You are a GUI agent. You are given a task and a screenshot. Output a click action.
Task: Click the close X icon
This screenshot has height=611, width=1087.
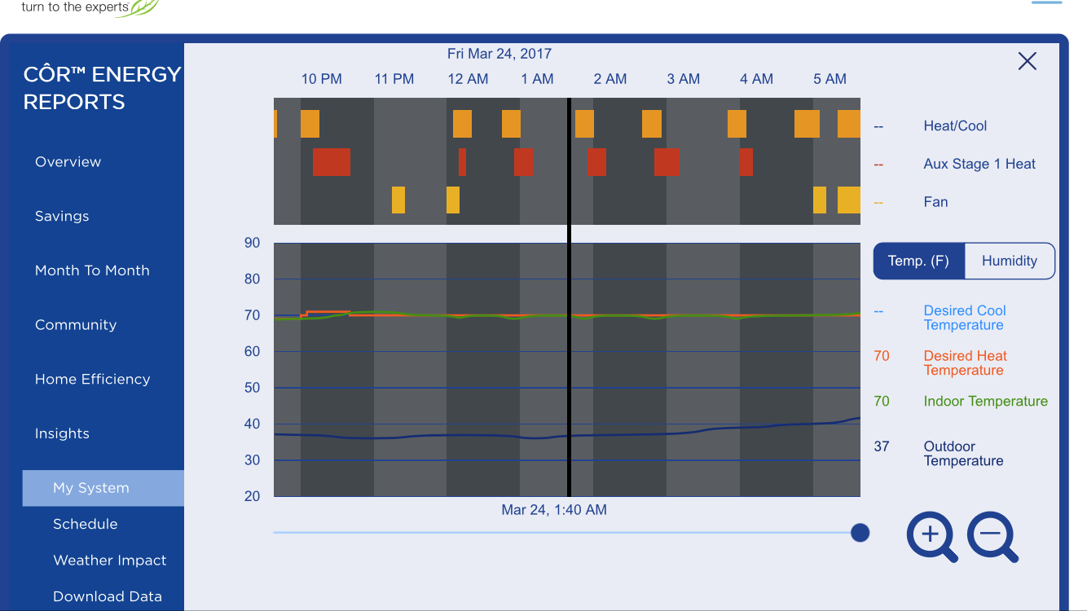coord(1028,61)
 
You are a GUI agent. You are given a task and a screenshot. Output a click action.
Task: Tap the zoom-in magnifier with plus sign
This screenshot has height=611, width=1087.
coord(931,537)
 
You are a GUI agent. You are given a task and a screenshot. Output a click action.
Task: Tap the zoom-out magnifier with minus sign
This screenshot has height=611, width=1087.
coord(992,537)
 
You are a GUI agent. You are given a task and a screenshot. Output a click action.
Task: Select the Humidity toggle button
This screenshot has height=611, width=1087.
coord(1010,261)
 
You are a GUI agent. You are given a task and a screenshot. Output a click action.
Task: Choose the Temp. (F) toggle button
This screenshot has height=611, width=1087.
coord(918,261)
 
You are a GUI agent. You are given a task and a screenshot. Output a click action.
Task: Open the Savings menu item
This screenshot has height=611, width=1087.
coord(62,216)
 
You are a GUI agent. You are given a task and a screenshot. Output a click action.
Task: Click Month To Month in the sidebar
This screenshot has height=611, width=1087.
coord(92,270)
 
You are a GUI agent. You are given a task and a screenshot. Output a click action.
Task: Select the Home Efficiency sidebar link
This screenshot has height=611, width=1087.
coord(93,379)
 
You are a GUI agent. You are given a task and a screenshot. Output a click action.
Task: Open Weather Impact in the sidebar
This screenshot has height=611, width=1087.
coord(110,560)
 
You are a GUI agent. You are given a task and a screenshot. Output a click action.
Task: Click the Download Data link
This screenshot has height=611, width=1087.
coord(108,596)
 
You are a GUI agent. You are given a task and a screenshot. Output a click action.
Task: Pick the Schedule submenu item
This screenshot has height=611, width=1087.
coord(86,524)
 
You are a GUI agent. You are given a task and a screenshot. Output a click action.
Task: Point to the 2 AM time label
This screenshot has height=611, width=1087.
coord(610,79)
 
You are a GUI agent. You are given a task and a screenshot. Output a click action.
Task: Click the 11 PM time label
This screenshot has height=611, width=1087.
coord(394,79)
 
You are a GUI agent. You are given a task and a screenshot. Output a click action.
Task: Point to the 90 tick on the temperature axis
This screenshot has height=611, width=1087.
coord(252,243)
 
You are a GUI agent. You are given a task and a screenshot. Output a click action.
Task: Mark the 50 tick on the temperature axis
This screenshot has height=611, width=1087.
coord(252,388)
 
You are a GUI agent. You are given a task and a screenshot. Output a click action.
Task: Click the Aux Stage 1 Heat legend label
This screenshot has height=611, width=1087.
coord(979,164)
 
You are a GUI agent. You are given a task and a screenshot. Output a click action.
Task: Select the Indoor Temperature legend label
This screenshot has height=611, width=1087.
coord(986,402)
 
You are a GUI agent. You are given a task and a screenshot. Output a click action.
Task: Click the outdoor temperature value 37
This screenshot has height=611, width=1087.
coord(882,446)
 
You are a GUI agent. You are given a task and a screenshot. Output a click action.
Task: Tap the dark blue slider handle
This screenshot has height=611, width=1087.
coord(860,533)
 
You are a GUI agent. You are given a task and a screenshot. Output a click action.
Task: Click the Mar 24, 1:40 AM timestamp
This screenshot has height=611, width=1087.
coord(554,509)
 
